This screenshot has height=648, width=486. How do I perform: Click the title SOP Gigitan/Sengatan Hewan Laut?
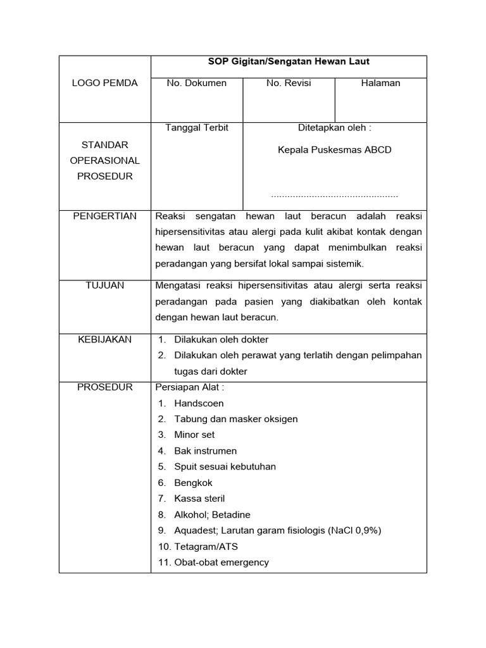coord(289,62)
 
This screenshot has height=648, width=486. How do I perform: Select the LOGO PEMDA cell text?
coord(104,84)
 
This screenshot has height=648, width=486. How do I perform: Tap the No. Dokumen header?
coord(196,84)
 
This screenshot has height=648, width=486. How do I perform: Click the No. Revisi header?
coord(289,84)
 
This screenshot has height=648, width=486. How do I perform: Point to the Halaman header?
coord(380,84)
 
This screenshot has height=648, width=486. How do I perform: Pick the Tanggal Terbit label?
coord(197,128)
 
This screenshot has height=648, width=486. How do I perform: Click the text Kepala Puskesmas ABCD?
coord(335,150)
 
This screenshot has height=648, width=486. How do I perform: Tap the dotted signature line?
coord(335,196)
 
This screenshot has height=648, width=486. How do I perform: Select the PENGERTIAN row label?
coord(105,216)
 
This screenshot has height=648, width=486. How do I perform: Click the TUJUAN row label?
coord(105,285)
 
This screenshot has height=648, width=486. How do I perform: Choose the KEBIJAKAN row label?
coord(105,340)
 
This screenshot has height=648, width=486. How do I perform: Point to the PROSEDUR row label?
coord(105,387)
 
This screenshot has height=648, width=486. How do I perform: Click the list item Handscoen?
coord(199,403)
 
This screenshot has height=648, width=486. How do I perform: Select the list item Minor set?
coord(194,435)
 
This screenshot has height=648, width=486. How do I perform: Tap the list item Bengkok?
coord(194,483)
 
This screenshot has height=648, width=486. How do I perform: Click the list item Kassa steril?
coord(199,499)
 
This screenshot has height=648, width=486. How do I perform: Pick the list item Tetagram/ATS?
coord(206,547)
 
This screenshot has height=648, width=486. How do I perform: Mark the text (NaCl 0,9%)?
coord(355,530)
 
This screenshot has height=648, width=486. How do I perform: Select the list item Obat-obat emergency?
coord(221,563)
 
